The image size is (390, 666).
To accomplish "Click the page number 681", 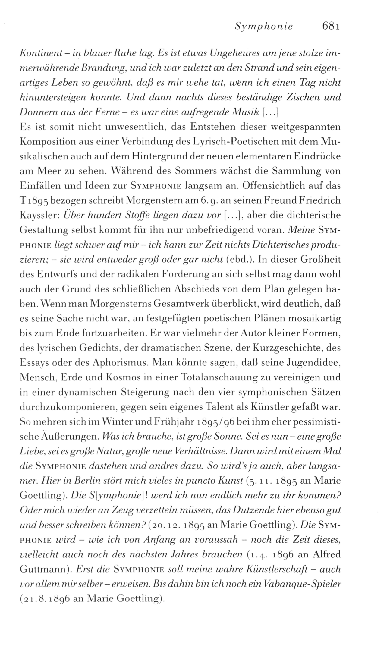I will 331,27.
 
